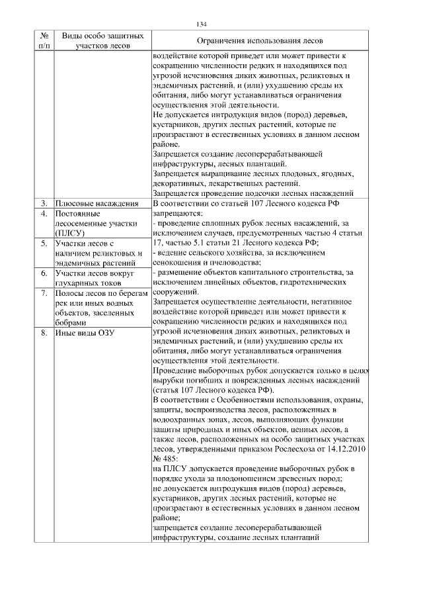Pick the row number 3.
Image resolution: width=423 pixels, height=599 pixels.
tap(43, 203)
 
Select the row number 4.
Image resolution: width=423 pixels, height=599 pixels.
tap(43, 214)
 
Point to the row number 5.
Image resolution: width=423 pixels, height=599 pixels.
tap(43, 245)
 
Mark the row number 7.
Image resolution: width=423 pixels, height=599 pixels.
tap(43, 293)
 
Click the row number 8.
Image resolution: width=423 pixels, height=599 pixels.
tap(43, 333)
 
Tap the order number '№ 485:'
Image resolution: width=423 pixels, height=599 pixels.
tap(166, 459)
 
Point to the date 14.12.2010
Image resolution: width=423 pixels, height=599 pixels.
tap(338, 449)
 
